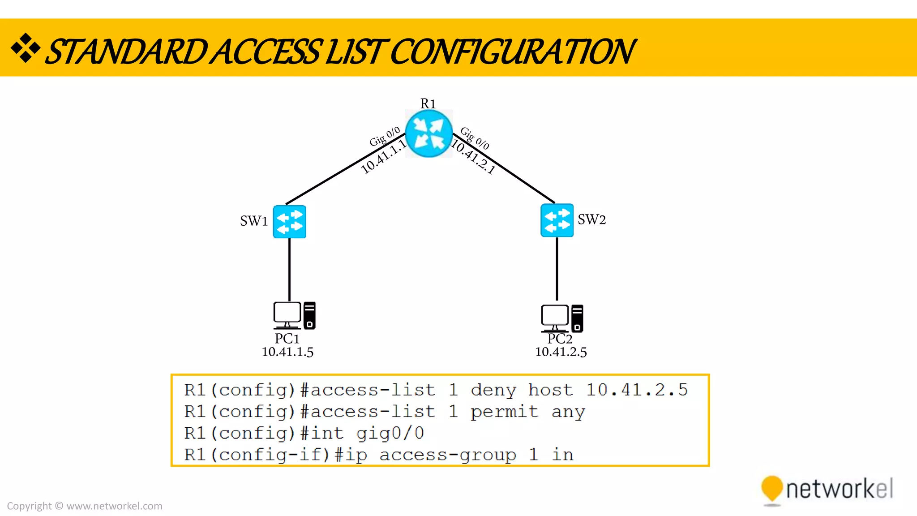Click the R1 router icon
(429, 133)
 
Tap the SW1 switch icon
(290, 222)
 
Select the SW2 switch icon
(557, 220)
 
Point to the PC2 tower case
(577, 318)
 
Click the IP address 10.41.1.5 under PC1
(287, 352)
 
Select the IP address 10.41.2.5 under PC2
(561, 352)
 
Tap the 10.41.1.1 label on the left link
(384, 157)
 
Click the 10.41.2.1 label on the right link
(474, 157)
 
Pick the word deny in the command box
(493, 390)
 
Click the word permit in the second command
(504, 412)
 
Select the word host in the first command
(550, 390)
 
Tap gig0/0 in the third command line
(390, 434)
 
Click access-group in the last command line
(447, 455)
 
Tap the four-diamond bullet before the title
(26, 48)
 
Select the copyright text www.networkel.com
(114, 506)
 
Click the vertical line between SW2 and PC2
(557, 269)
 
